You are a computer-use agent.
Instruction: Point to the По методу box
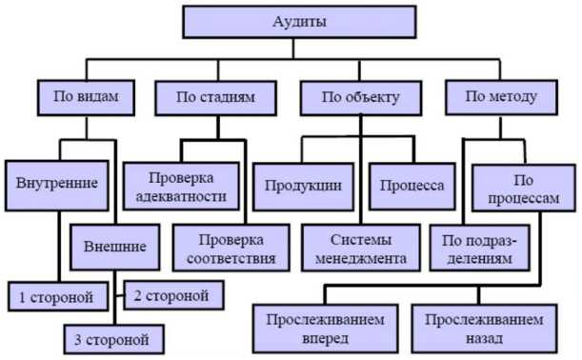coord(501,96)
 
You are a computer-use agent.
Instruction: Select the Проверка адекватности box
coord(187,187)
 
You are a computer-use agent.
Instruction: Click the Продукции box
coord(304,185)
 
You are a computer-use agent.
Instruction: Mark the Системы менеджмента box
coord(363,248)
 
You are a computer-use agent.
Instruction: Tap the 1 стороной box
coord(56,297)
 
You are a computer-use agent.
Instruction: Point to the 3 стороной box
coord(111,337)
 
